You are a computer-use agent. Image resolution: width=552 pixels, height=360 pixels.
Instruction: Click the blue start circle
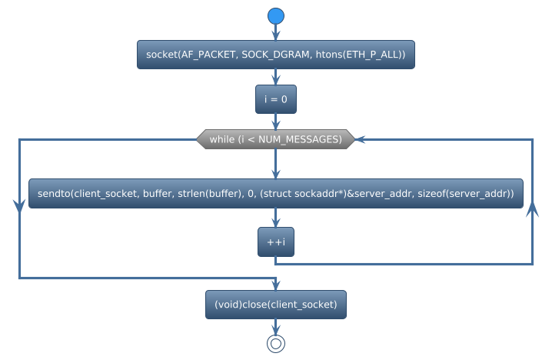[x=276, y=16]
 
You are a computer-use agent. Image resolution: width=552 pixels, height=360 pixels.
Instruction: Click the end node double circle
[x=276, y=344]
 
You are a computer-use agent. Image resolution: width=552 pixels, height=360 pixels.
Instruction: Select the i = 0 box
[x=276, y=99]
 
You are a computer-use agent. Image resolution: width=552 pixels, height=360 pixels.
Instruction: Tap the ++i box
[x=276, y=242]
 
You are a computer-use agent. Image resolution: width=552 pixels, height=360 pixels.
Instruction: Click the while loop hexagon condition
[x=275, y=139]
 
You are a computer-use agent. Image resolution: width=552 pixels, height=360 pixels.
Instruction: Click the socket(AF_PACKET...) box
[x=276, y=55]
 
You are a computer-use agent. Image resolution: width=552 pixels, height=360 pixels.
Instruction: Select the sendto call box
[x=276, y=193]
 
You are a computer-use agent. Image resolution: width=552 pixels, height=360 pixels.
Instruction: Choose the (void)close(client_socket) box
[x=276, y=305]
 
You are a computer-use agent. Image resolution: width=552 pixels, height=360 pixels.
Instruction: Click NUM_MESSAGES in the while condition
[x=299, y=139]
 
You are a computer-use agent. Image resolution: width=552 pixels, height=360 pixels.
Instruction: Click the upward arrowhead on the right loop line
[x=532, y=210]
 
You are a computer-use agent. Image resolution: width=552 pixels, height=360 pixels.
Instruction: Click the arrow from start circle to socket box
[x=276, y=32]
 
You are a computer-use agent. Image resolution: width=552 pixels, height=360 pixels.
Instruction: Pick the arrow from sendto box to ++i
[x=276, y=218]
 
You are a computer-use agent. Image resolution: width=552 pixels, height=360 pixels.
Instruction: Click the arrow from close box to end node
[x=276, y=326]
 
